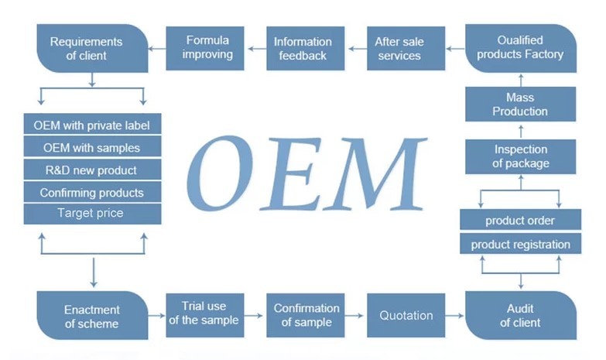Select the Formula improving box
coord(207,48)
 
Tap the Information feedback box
coord(303,48)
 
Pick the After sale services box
coord(399,48)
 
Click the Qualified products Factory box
coord(520,48)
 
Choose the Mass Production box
coord(520,104)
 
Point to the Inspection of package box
coord(520,156)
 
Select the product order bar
coord(520,221)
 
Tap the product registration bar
coord(520,245)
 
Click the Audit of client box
coord(520,315)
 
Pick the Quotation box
coord(406,315)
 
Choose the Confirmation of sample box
coord(306,315)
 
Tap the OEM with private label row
coord(92,125)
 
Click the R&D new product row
coord(92,170)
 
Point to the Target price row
coord(92,213)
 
